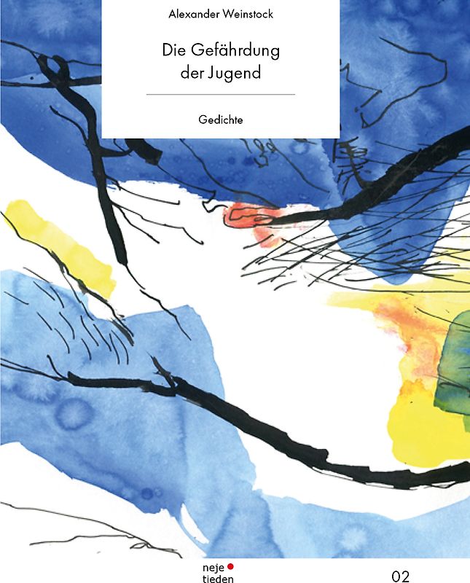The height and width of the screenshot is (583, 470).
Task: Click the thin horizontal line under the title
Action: point(220,95)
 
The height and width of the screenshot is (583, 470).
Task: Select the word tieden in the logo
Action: point(216,577)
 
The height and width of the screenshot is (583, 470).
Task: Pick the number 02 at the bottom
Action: point(401,576)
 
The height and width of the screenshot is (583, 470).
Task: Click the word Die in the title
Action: point(173,51)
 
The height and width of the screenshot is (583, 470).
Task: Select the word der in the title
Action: point(191,73)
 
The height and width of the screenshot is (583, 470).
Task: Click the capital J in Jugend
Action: point(213,73)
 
